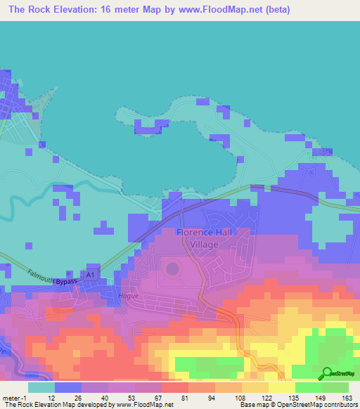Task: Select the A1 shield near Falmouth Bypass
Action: [89, 273]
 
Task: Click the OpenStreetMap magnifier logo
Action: [326, 373]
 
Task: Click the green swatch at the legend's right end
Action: [335, 387]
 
